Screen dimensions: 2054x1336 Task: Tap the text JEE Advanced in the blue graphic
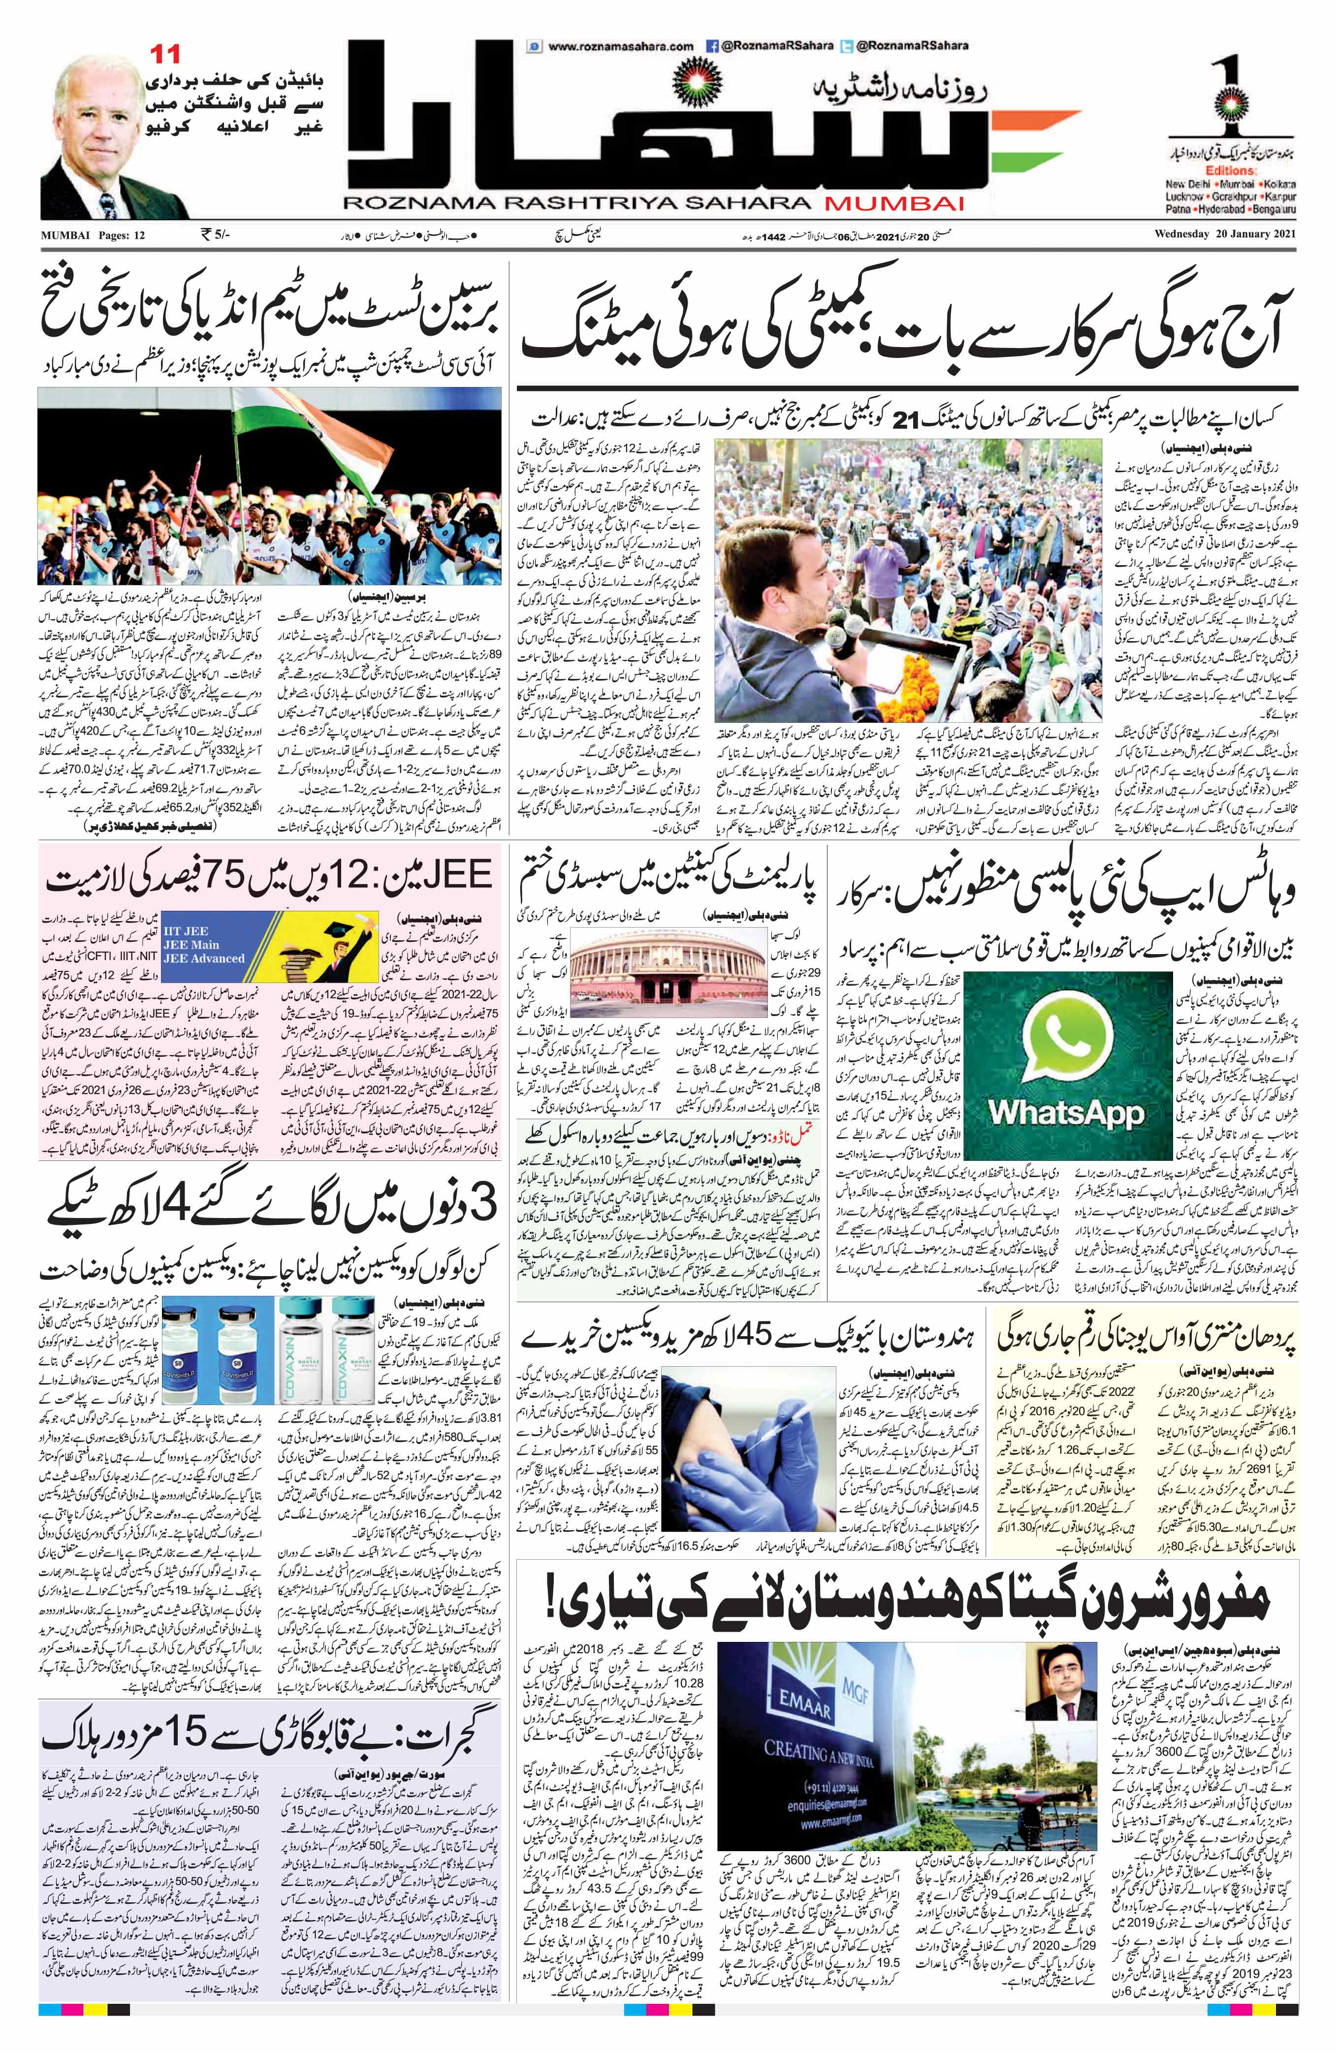pyautogui.click(x=208, y=959)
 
